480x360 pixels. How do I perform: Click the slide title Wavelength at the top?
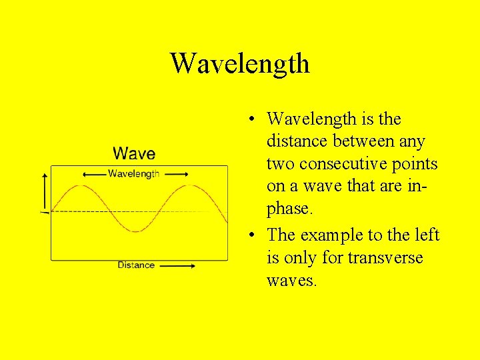tap(240, 64)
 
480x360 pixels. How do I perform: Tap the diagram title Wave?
tap(134, 154)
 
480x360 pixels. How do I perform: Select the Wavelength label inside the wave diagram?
tap(133, 174)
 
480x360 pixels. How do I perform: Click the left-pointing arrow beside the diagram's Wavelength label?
tap(93, 174)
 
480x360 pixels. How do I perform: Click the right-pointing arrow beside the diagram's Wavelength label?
tap(176, 174)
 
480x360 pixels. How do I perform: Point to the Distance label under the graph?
tap(136, 265)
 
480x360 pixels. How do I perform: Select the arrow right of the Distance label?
tap(178, 265)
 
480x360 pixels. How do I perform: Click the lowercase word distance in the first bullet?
tap(294, 142)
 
